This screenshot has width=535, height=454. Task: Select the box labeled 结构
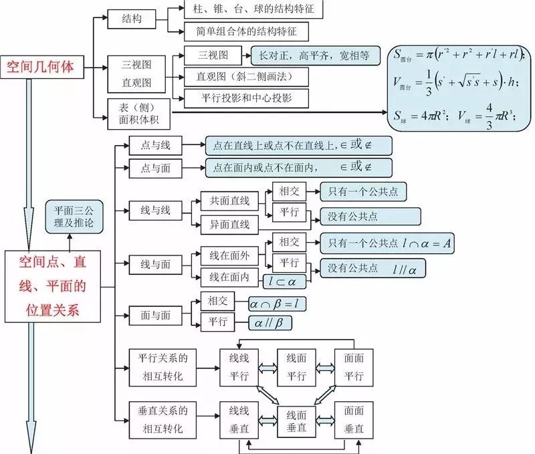pos(132,19)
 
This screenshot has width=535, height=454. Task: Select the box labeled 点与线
pos(155,144)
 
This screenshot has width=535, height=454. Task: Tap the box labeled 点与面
pos(155,168)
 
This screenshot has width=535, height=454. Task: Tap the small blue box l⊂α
pos(283,281)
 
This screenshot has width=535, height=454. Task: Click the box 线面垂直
pos(296,420)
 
